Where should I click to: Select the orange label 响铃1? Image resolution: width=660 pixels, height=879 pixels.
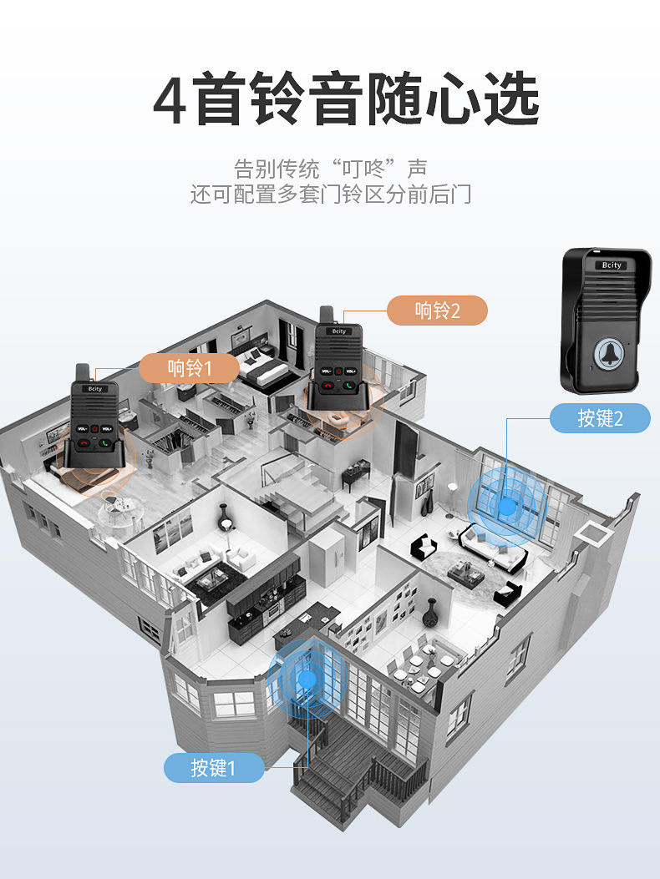pos(190,367)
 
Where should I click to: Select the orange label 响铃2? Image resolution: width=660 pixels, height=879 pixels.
pos(437,311)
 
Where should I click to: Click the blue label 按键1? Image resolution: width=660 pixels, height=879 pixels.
pos(214,767)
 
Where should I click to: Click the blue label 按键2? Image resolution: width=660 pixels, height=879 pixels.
pos(600,417)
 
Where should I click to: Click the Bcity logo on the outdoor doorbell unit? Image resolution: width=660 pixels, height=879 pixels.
pos(612,265)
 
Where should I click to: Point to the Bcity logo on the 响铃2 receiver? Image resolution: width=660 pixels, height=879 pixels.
pos(338,331)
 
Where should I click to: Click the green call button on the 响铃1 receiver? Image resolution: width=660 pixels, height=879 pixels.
pos(106,442)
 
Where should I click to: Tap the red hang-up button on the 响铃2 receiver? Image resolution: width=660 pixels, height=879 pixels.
pos(327,385)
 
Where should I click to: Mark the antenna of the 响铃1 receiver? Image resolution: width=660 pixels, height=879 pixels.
pos(82,373)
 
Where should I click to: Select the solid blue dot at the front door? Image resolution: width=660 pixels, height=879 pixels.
pos(308,679)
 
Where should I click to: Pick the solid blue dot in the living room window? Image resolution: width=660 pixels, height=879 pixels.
pos(507,505)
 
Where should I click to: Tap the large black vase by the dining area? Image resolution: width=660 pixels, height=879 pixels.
pos(429,614)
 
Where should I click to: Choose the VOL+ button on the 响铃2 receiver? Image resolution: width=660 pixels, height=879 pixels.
pos(352,371)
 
